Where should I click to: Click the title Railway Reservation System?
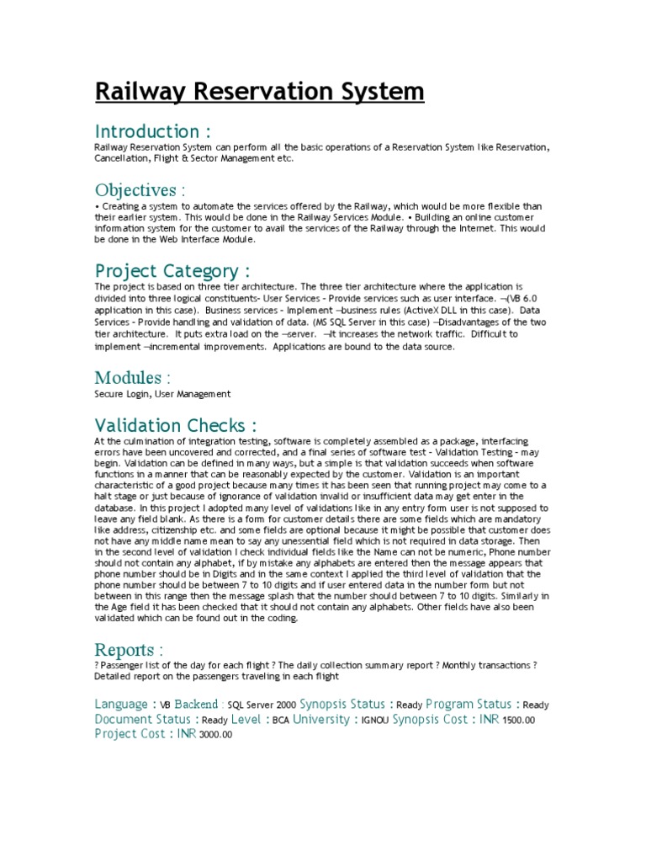pyautogui.click(x=259, y=90)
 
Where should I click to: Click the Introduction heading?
pyautogui.click(x=151, y=131)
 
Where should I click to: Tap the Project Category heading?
pyautogui.click(x=172, y=271)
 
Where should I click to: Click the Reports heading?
pyautogui.click(x=129, y=650)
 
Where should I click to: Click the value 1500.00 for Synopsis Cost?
pyautogui.click(x=520, y=721)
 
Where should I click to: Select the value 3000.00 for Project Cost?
pyautogui.click(x=215, y=736)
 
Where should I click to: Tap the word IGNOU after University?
pyautogui.click(x=374, y=721)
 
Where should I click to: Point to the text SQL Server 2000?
pyautogui.click(x=262, y=705)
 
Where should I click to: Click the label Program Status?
pyautogui.click(x=469, y=704)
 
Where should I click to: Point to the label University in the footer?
pyautogui.click(x=320, y=720)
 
